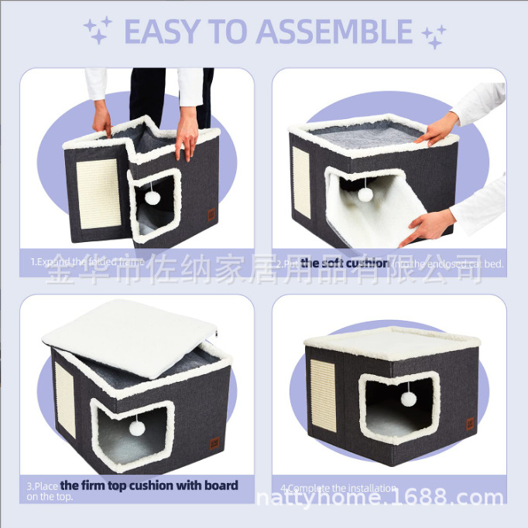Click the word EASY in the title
tap(162, 32)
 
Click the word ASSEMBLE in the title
tap(334, 32)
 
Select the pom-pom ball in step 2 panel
tap(364, 195)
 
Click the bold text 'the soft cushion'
tap(345, 264)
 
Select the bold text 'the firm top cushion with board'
tap(149, 485)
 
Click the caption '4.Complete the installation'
tap(338, 489)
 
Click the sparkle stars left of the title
tap(98, 31)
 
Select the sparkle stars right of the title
tap(434, 35)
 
